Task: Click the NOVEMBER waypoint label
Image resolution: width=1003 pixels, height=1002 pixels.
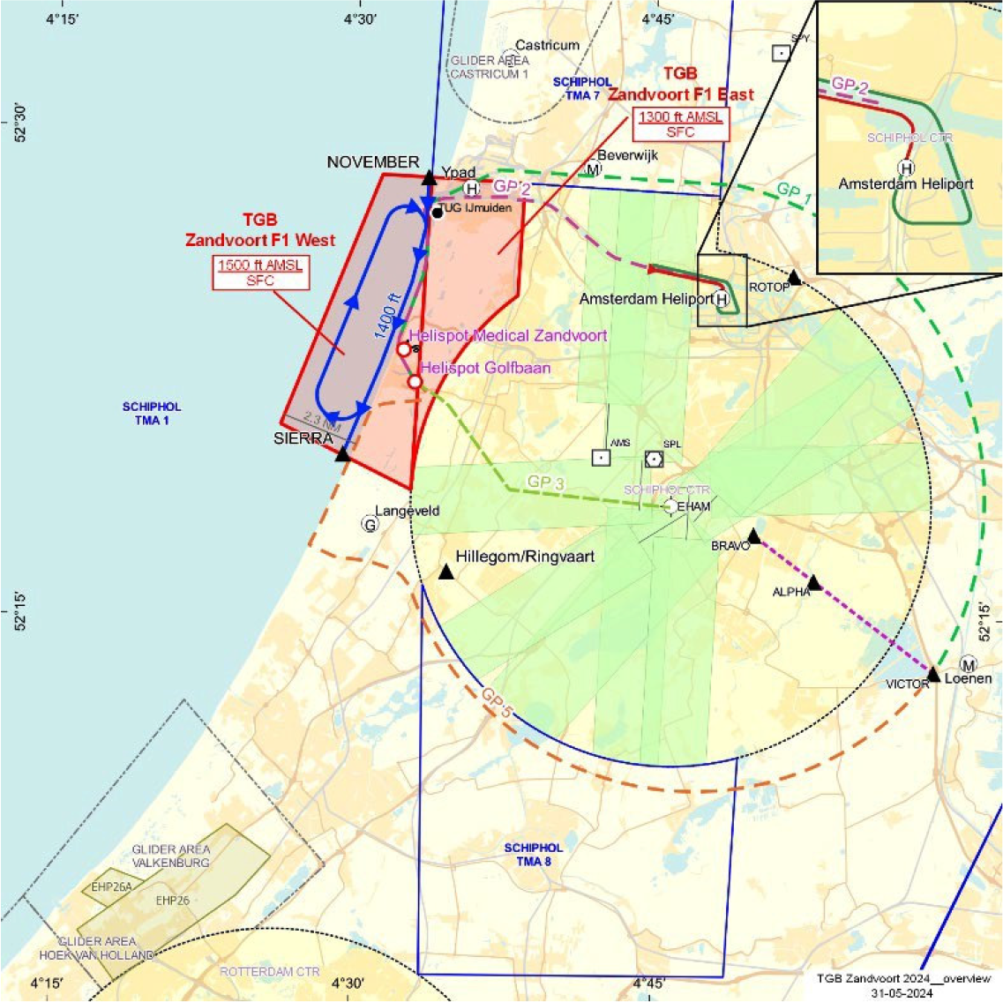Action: coord(373,162)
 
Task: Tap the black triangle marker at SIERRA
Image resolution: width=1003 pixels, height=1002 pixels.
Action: coord(342,453)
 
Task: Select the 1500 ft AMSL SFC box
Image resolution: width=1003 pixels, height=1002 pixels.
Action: coord(260,273)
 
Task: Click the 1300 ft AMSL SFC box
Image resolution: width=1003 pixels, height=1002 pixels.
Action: coord(680,124)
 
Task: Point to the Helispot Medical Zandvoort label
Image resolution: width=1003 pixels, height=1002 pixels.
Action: coord(508,336)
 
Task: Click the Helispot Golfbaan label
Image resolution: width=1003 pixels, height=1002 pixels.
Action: coord(485,368)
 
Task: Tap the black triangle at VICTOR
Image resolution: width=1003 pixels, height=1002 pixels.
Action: coord(933,675)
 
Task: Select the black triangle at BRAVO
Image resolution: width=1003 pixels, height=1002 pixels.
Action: coord(753,536)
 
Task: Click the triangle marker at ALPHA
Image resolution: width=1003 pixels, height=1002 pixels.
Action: coord(814,583)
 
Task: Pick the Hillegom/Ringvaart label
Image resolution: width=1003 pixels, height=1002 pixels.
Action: coord(525,557)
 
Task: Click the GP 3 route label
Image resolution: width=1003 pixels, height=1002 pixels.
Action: coord(545,482)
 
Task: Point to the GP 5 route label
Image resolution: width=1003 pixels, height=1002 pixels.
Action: coord(496,703)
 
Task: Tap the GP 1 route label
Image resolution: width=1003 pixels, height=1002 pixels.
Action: coord(794,195)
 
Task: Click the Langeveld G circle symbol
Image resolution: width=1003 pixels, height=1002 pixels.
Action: coord(370,524)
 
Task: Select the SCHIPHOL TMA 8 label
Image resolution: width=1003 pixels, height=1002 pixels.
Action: coord(533,854)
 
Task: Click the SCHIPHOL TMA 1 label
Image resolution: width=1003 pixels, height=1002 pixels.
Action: coord(152,414)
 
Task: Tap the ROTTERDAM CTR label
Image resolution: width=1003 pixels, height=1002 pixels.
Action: coord(269,971)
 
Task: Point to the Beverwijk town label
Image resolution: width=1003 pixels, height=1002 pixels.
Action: coord(628,155)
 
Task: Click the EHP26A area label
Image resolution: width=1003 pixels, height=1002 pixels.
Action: coord(111,886)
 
